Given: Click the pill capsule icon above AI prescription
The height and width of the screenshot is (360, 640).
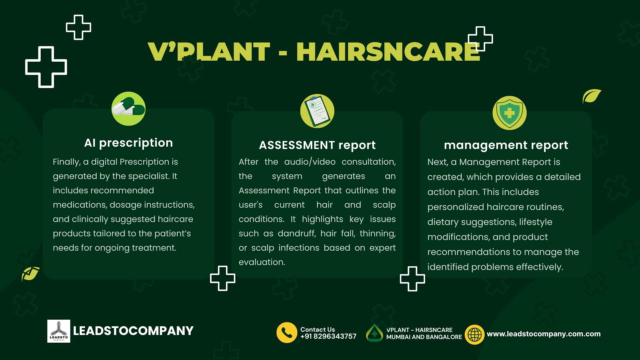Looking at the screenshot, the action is tap(128, 109).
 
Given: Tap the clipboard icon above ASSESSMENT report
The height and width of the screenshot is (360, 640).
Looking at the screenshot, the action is tap(317, 111).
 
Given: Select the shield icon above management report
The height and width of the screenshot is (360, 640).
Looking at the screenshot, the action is tap(509, 113).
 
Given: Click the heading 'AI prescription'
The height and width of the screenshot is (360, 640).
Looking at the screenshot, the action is tap(128, 143).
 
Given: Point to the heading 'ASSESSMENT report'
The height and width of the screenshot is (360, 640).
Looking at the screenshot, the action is tap(317, 145).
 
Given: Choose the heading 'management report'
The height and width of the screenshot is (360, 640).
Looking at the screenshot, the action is tap(506, 145).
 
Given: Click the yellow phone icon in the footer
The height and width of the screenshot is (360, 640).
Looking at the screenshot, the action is tap(287, 332).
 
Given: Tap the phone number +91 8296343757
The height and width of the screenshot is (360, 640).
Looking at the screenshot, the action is tap(328, 337).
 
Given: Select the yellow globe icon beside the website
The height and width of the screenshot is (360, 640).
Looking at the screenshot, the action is tap(475, 334).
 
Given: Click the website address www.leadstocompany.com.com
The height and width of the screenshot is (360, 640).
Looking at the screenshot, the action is tap(544, 334).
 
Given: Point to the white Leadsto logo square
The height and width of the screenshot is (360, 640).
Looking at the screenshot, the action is tap(59, 331).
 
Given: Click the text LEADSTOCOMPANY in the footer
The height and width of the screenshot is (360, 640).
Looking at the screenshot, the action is tap(133, 331).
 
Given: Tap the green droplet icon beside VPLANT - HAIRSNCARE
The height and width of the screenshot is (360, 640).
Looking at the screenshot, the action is tap(374, 333).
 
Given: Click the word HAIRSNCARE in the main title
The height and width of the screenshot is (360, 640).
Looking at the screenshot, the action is tap(388, 52).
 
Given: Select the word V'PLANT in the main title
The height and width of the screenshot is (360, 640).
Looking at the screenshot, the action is tap(209, 52).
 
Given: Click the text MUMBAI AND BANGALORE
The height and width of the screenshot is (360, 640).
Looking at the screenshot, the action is tap(424, 337).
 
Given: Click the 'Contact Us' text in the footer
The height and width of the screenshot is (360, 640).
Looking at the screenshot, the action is tap(318, 330).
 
